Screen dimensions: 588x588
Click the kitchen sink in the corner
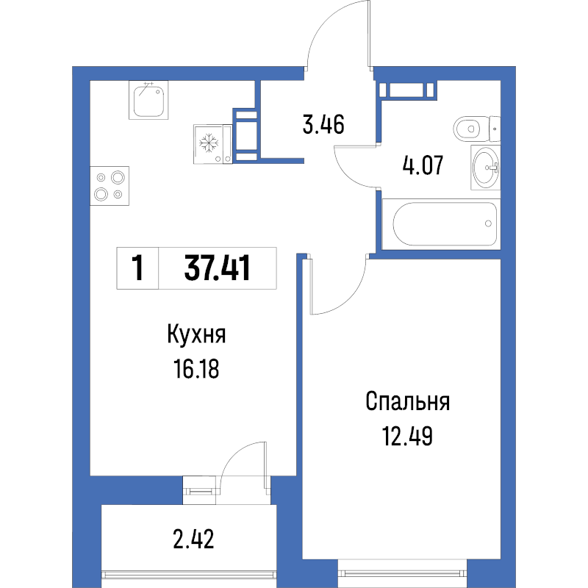tap(148, 100)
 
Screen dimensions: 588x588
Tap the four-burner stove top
tap(110, 186)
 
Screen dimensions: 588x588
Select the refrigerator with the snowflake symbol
tap(213, 144)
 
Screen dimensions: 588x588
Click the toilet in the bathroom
tap(476, 129)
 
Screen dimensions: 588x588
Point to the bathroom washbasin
tap(486, 168)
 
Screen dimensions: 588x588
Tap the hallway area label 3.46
tap(323, 125)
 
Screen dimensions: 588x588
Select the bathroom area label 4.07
tap(423, 165)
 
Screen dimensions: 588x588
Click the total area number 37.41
tap(217, 268)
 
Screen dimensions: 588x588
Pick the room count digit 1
tap(138, 268)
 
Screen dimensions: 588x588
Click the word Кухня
tap(196, 334)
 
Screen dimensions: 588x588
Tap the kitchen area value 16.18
tap(196, 369)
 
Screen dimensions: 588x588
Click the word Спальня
tap(408, 401)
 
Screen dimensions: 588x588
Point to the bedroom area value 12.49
tap(407, 436)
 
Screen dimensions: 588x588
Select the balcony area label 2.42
tap(193, 539)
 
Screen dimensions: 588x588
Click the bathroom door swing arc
tap(344, 173)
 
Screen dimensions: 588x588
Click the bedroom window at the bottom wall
tap(403, 573)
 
